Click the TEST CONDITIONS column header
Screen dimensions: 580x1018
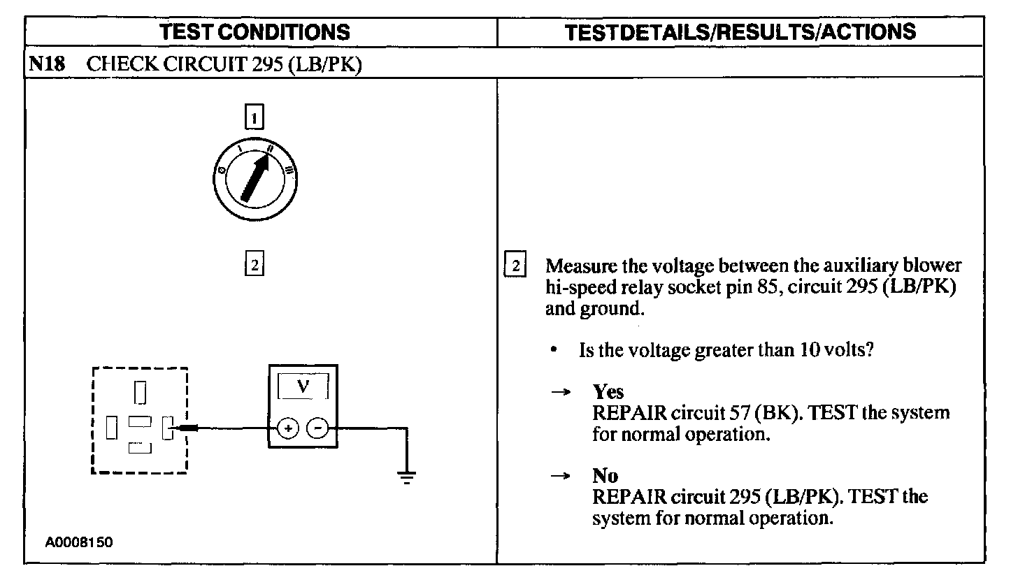254,31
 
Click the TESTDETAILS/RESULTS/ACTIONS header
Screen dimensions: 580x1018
740,31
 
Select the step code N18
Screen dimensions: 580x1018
47,65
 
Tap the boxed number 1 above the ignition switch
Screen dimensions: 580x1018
254,117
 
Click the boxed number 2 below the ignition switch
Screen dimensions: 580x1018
254,265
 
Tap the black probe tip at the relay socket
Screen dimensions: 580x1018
188,428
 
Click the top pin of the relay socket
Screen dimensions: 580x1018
141,393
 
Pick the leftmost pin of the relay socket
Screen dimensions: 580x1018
111,428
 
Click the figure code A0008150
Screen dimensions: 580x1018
80,542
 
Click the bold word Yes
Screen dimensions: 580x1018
608,392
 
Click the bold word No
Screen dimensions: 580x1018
605,477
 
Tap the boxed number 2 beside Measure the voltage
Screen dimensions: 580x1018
515,266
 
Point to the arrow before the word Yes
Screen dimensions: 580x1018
559,392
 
